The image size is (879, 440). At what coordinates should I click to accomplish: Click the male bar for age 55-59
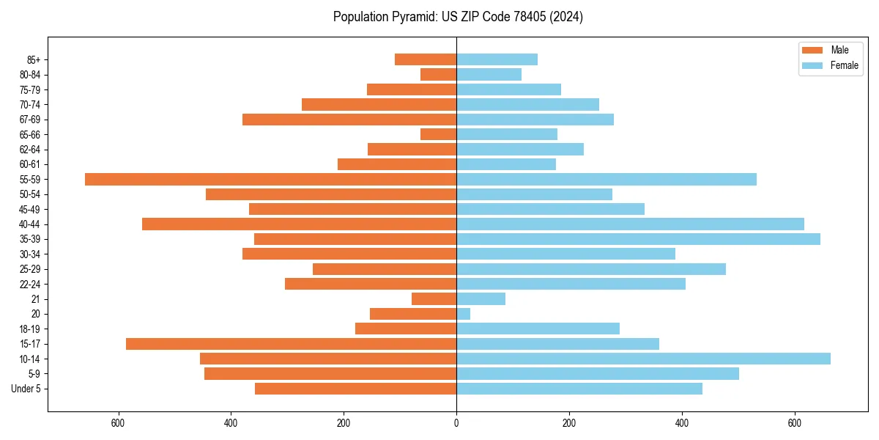pos(271,180)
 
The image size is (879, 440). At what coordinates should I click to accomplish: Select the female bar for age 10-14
pos(643,359)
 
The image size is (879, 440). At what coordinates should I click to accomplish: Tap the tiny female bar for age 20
pos(464,314)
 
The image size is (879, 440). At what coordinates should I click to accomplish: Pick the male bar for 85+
pos(426,59)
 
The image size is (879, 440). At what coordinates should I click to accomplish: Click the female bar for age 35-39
pos(638,239)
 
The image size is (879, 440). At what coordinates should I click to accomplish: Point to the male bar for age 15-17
pos(292,344)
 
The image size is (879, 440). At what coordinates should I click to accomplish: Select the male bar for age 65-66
pos(439,134)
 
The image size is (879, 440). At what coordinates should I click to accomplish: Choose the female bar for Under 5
pos(579,389)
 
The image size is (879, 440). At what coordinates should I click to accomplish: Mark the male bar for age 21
pos(434,299)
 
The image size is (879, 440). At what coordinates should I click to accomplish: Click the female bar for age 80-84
pos(489,74)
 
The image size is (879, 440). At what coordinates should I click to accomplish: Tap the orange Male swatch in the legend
pos(812,50)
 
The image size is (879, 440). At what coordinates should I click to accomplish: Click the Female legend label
pos(845,65)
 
